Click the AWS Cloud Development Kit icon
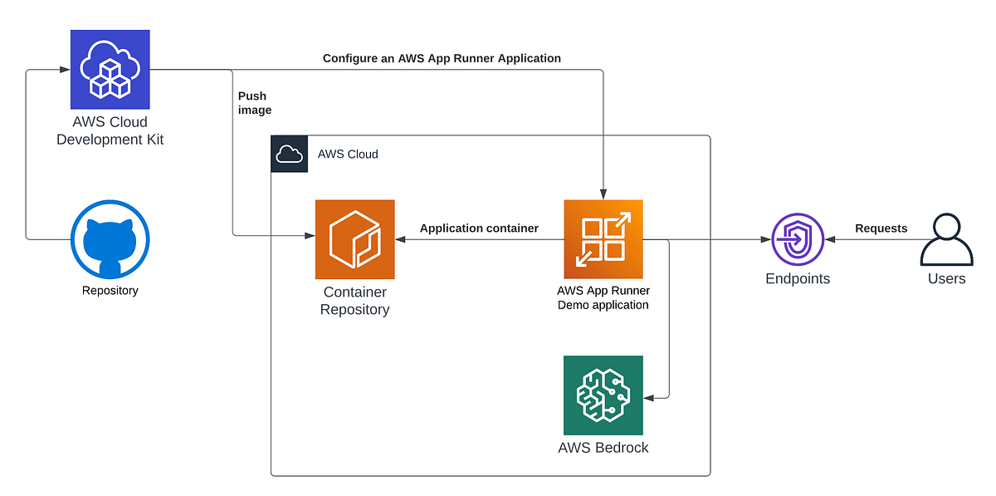[110, 70]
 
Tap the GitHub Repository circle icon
[110, 238]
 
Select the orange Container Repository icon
[354, 239]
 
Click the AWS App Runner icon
[603, 239]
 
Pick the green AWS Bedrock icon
[603, 395]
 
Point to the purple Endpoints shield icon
[797, 239]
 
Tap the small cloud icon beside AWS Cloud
[289, 154]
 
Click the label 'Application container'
[479, 228]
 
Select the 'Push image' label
[254, 103]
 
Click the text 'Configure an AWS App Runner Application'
[442, 58]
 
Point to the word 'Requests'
[881, 228]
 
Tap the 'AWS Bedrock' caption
[603, 448]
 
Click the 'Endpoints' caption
[797, 279]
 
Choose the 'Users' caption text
[946, 279]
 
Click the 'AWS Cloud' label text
[348, 154]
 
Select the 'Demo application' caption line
[603, 305]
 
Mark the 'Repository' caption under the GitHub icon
[110, 291]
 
